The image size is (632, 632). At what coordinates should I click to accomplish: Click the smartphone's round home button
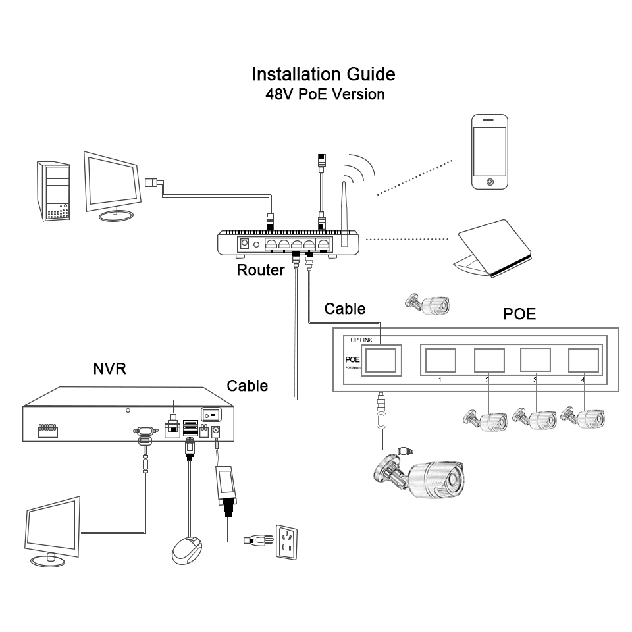[490, 180]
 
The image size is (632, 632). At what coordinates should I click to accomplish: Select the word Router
[261, 269]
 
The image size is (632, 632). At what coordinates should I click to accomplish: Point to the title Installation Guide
[324, 73]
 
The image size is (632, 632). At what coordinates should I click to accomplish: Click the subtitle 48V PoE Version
[325, 93]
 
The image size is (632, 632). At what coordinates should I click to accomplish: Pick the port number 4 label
[583, 380]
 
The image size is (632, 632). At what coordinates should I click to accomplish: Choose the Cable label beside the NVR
[248, 385]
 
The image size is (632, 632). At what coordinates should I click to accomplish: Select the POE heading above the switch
[519, 314]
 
